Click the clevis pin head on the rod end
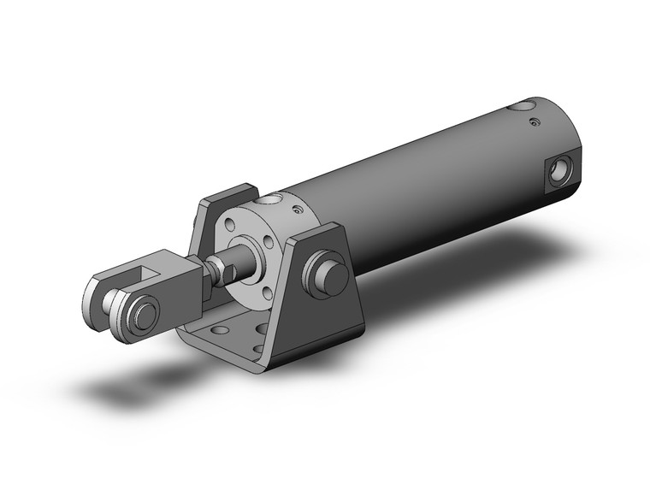click(142, 314)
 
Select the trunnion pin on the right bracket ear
click(330, 275)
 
